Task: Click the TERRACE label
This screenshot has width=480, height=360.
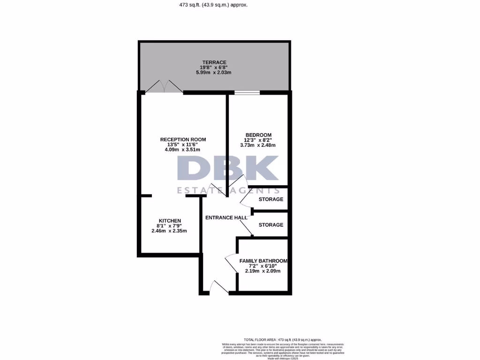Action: [x=214, y=62]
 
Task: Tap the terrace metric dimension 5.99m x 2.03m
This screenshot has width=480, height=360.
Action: [x=214, y=73]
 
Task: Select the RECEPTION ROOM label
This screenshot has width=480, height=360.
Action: [x=183, y=139]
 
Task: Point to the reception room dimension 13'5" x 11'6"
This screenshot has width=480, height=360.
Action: [x=183, y=144]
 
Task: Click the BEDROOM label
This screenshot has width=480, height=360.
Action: [x=258, y=135]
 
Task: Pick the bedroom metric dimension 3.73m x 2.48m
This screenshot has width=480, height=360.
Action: [x=258, y=145]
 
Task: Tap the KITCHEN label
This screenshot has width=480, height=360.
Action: [x=170, y=221]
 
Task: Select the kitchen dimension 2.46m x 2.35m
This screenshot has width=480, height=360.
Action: [x=169, y=231]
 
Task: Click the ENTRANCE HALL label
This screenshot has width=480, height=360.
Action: [x=226, y=217]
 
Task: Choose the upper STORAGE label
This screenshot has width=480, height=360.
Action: [x=271, y=199]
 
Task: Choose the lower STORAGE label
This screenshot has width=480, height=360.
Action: [x=271, y=225]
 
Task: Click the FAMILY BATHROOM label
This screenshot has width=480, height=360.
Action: [x=263, y=261]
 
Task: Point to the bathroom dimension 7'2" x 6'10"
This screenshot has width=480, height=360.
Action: [x=263, y=266]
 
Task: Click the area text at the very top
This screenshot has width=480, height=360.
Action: [x=213, y=5]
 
